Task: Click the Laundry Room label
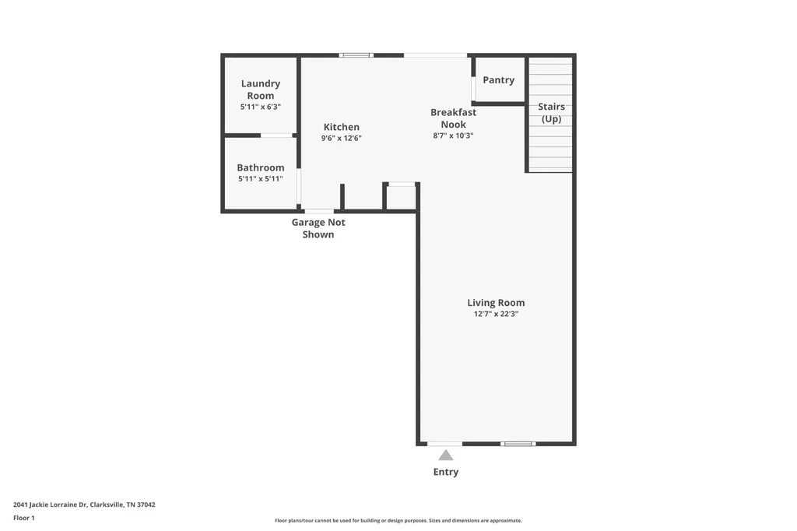point(260,90)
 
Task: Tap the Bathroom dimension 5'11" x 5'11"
point(260,178)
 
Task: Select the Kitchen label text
point(342,127)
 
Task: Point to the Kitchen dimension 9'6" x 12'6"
point(341,138)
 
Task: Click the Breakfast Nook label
point(454,118)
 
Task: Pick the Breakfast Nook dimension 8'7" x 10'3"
point(454,135)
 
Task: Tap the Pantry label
point(499,80)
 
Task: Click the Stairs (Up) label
point(552,112)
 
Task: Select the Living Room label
point(496,303)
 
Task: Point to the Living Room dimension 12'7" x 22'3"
point(496,314)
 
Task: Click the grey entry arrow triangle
point(446,455)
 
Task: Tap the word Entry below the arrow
point(446,472)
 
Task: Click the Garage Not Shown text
point(318,228)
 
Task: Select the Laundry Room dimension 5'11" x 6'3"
point(260,107)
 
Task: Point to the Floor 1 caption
point(24,518)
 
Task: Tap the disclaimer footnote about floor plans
point(398,520)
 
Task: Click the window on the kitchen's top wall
point(356,55)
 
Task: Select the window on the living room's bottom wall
point(518,444)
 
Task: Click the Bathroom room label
point(260,167)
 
